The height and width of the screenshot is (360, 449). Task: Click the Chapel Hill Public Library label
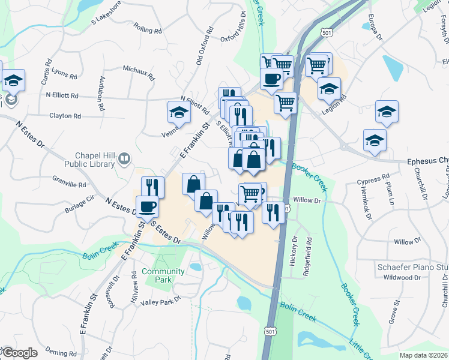[x=96, y=158]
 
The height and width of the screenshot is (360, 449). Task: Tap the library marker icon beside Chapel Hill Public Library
[x=124, y=159]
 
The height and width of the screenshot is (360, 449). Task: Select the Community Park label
[x=156, y=275]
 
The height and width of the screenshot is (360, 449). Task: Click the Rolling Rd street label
[x=148, y=29]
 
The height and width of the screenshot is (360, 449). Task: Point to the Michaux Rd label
[x=139, y=73]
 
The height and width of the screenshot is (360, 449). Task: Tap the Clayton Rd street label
[x=64, y=115]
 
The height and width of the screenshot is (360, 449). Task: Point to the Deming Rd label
[x=61, y=354]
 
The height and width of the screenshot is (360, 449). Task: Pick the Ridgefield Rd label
[x=309, y=254]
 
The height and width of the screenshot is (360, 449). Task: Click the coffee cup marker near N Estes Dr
[x=148, y=207]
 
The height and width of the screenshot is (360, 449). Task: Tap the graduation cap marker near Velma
[x=178, y=112]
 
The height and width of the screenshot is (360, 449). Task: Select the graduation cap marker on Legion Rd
[x=329, y=89]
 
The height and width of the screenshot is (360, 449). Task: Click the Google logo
[x=19, y=353]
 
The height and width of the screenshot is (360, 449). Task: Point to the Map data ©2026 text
[x=423, y=355]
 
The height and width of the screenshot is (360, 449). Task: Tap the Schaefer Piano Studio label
[x=412, y=266]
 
